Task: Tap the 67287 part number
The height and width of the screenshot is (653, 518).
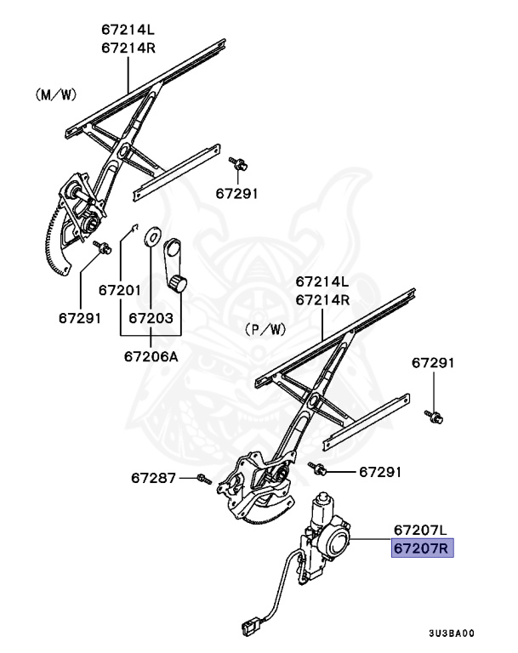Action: [153, 479]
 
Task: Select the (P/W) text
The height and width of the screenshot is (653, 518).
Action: [265, 327]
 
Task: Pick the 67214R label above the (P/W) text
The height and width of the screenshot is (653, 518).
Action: [322, 300]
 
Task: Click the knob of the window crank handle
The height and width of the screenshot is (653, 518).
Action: [179, 283]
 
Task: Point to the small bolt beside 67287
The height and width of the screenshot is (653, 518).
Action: [202, 479]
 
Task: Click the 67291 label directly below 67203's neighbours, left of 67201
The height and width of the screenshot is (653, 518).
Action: [80, 319]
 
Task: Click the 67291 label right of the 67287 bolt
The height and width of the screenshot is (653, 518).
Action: [380, 470]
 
